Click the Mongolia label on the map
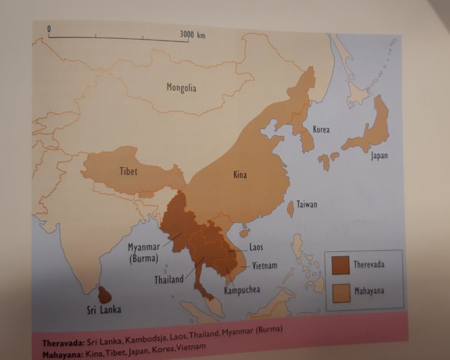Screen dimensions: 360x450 [x=181, y=88]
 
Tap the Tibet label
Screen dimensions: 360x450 [x=129, y=171]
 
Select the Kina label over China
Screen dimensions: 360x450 [x=240, y=175]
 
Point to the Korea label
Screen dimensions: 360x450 [x=321, y=130]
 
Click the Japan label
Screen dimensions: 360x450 [x=380, y=156]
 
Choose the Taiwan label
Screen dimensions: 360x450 [x=307, y=204]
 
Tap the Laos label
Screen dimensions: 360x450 [x=256, y=247]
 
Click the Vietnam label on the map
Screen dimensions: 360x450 [x=265, y=266]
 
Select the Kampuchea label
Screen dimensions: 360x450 [x=242, y=290]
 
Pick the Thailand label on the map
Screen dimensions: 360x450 [x=169, y=279]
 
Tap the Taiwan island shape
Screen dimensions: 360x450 [x=291, y=207]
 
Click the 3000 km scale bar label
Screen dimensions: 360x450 [x=192, y=34]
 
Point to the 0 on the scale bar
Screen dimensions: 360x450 [x=48, y=29]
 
